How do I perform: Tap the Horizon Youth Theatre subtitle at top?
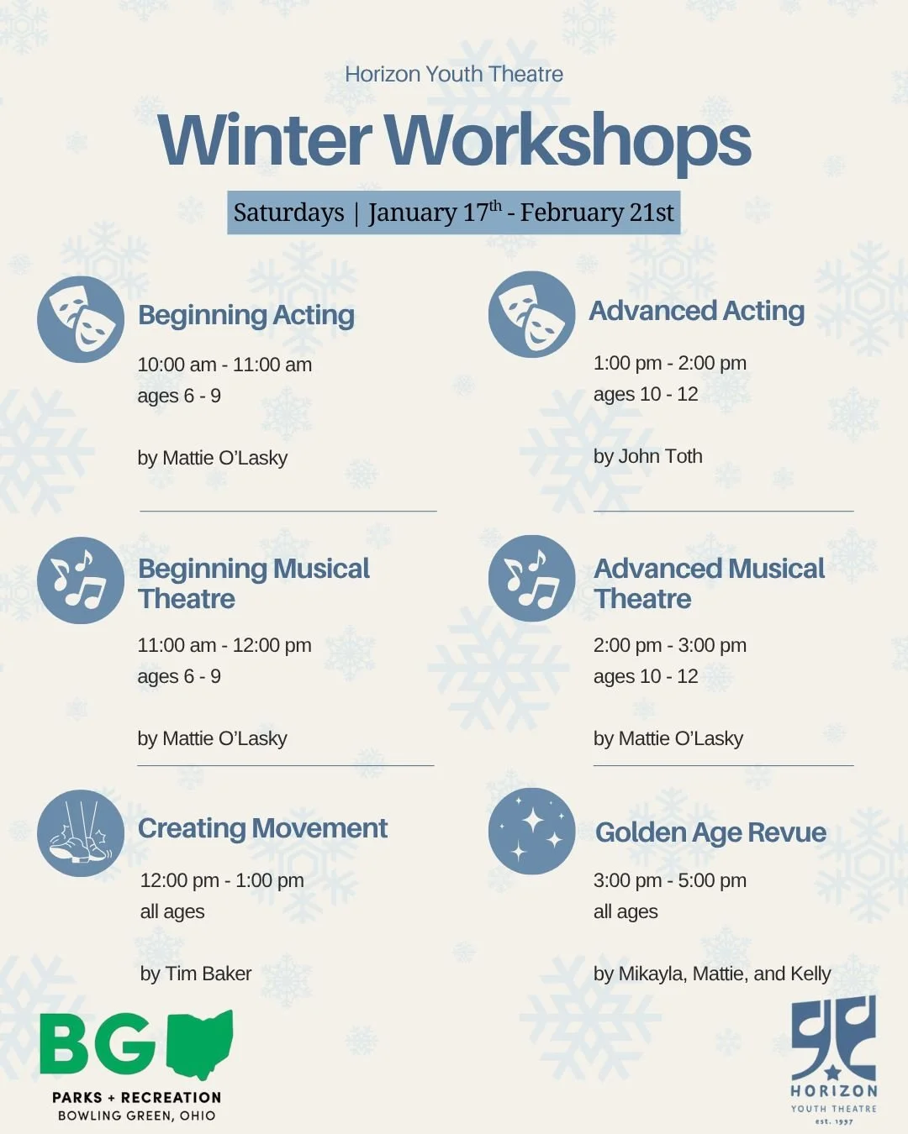454,74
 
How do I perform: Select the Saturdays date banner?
454,213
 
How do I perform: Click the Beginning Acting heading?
246,315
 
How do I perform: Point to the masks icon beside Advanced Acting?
531,314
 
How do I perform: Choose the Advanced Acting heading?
697,311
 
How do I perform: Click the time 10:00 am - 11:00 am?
224,365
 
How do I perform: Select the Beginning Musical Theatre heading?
253,584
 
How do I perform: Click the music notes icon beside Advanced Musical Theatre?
531,579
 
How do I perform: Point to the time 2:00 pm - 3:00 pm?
670,645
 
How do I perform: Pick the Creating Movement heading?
262,828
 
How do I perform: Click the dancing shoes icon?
81,833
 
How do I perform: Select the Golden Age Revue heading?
710,832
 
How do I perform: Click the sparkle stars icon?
531,831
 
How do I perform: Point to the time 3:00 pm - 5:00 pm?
670,880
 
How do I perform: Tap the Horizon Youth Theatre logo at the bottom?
833,1058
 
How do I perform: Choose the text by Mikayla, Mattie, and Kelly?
712,974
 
